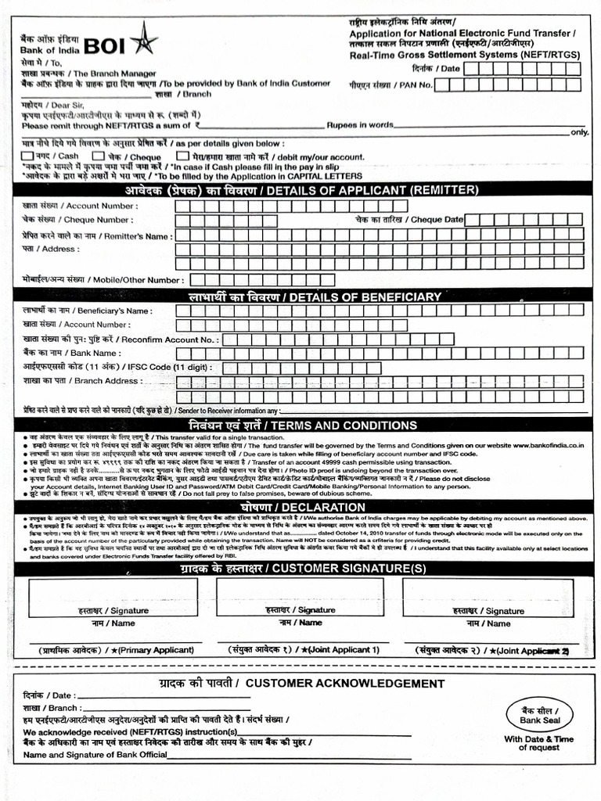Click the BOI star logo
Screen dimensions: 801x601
click(x=143, y=38)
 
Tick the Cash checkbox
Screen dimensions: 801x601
click(x=28, y=156)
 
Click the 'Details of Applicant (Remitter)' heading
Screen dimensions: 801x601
click(x=300, y=190)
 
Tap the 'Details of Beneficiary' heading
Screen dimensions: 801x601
click(x=300, y=296)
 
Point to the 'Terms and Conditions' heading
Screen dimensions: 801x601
click(x=300, y=425)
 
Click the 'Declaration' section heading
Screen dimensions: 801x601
click(x=300, y=507)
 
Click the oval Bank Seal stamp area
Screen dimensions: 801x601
click(x=538, y=714)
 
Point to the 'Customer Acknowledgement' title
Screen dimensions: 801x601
click(x=300, y=683)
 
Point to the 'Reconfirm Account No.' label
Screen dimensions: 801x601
click(x=121, y=339)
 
